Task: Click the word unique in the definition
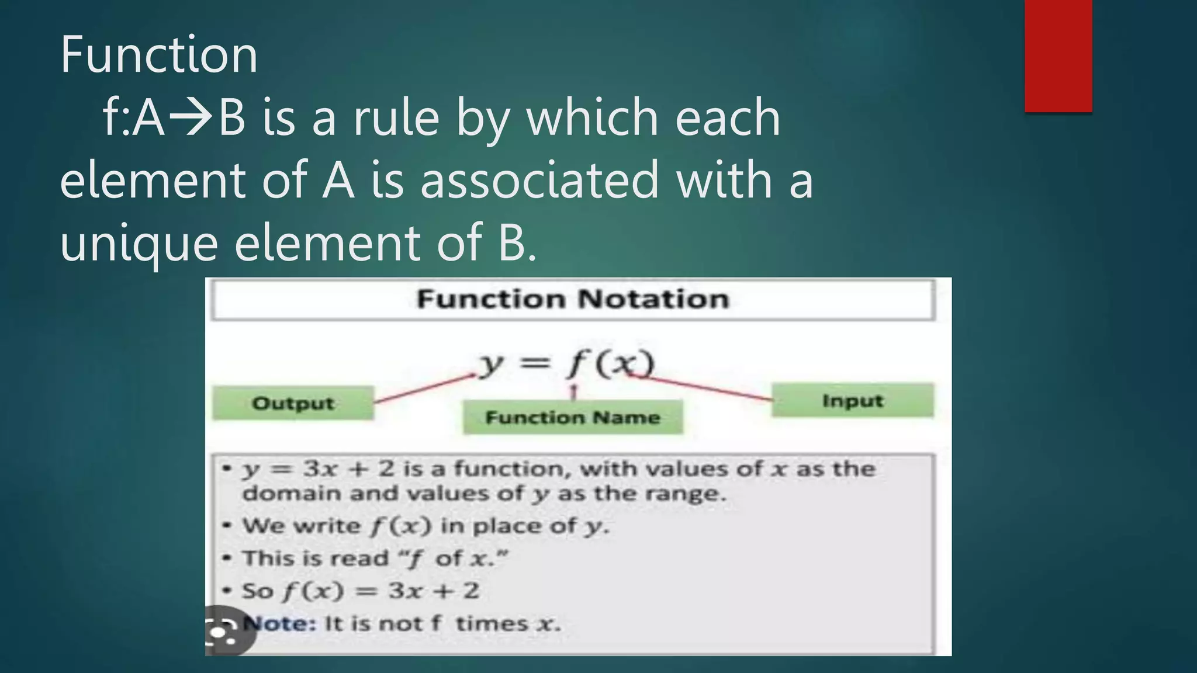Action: coord(139,243)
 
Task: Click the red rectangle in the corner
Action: coord(1058,55)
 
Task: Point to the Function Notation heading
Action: coord(573,300)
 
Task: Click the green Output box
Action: coord(293,403)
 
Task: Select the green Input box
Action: coord(852,401)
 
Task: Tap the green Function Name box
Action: coord(573,418)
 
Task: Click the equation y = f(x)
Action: coord(566,365)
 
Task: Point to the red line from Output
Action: coord(424,389)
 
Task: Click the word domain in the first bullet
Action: coord(292,494)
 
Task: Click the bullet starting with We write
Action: coord(415,526)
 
